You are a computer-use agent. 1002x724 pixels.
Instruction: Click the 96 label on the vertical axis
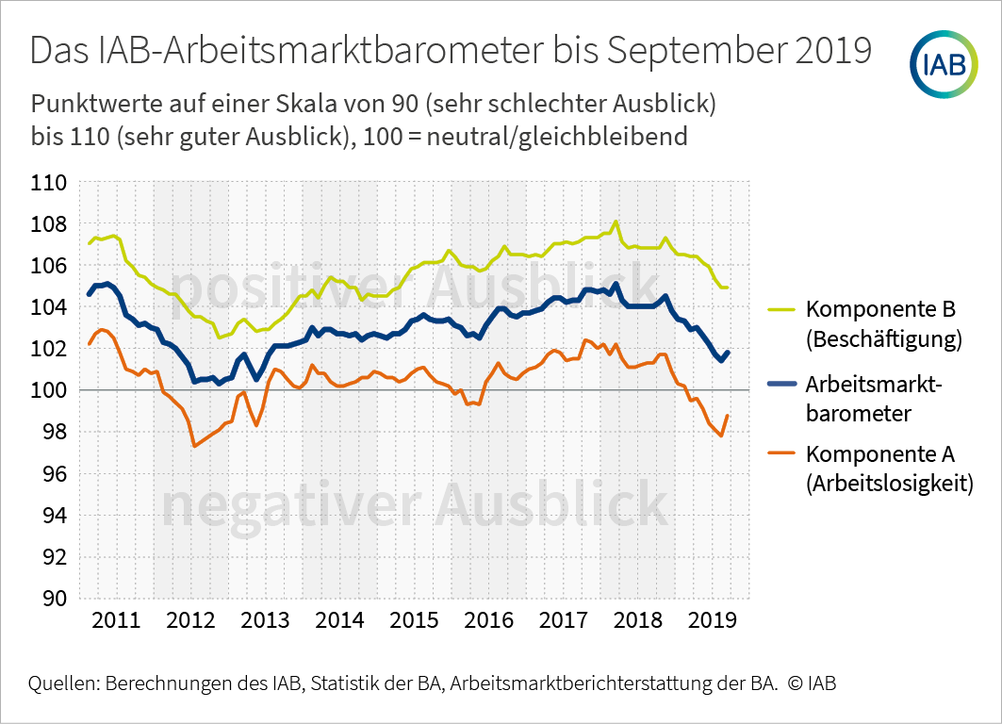[x=49, y=473]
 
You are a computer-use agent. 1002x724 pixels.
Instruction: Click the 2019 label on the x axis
[x=713, y=620]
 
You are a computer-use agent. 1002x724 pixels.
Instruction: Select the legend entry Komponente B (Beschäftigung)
[x=882, y=324]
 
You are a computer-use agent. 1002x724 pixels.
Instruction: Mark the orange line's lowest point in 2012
[x=194, y=446]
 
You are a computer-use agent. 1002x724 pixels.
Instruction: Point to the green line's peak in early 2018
[x=616, y=222]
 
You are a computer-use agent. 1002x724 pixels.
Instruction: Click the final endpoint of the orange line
[x=728, y=415]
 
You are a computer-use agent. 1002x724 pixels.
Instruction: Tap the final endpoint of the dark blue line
[x=728, y=352]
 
